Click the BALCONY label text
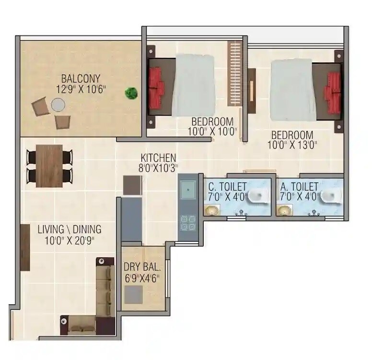(81, 78)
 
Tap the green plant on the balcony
(130, 93)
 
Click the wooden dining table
(49, 165)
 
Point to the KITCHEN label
(158, 158)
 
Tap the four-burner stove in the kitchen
(187, 223)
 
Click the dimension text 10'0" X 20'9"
(70, 240)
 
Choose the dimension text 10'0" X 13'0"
(292, 145)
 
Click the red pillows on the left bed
(156, 83)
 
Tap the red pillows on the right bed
(333, 89)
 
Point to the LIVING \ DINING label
(70, 229)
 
